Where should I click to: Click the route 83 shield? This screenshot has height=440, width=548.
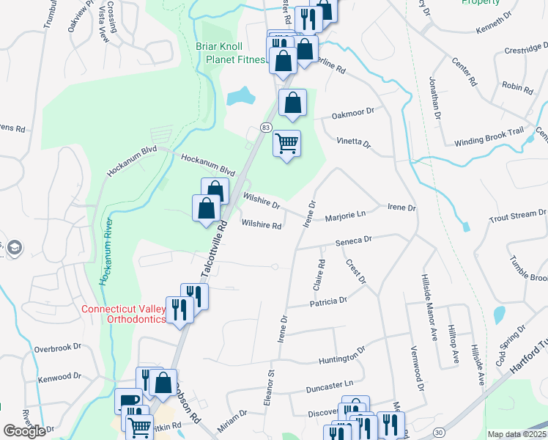[265, 128]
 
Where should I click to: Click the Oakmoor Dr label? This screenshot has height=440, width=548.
[352, 113]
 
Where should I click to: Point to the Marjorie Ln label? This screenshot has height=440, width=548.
[344, 215]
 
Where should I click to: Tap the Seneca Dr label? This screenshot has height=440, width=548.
[354, 241]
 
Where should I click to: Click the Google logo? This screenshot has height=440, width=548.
[24, 430]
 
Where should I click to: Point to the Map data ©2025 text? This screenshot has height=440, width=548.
[516, 434]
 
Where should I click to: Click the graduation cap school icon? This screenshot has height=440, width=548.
[13, 248]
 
